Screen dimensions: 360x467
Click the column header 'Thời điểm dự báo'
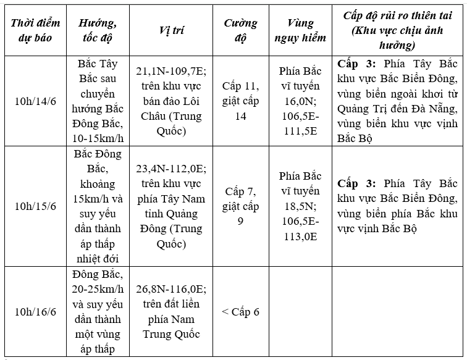(36, 30)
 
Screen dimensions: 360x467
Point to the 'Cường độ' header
(240, 30)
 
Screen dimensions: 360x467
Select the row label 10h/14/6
(36, 101)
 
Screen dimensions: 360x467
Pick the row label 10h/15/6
(36, 206)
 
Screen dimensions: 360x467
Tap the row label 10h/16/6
(36, 311)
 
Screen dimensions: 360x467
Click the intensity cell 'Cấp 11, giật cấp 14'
(240, 101)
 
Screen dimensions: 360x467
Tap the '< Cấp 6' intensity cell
(240, 311)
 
